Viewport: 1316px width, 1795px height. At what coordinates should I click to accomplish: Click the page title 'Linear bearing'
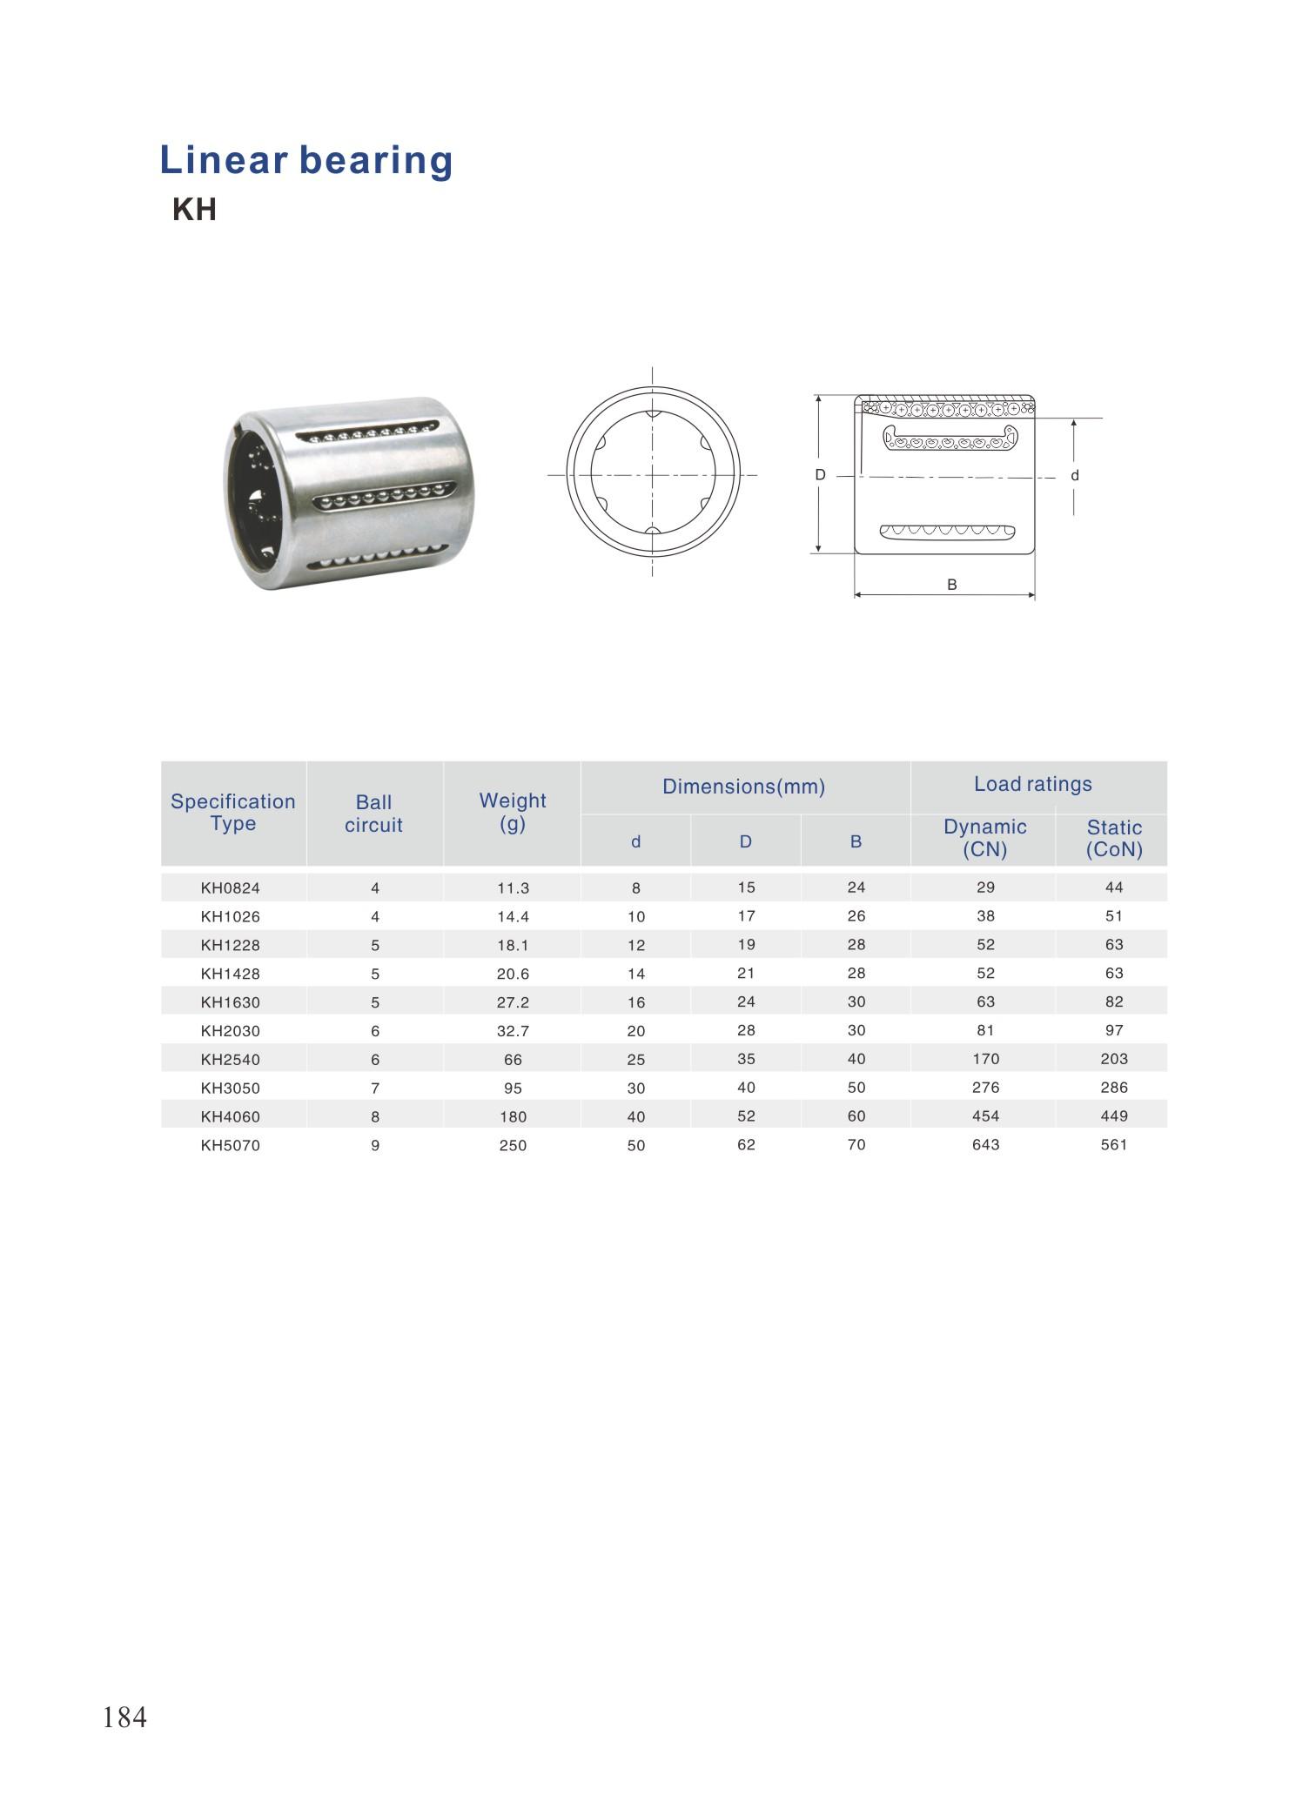pyautogui.click(x=306, y=161)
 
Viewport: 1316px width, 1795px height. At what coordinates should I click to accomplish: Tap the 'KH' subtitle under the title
pyautogui.click(x=194, y=210)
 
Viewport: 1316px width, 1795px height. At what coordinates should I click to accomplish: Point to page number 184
pyautogui.click(x=125, y=1717)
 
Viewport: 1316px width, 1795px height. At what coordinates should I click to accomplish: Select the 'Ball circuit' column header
pyautogui.click(x=373, y=814)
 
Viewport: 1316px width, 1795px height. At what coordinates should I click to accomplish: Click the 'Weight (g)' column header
pyautogui.click(x=513, y=812)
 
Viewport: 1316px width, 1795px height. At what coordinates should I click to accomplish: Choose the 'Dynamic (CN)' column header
pyautogui.click(x=985, y=838)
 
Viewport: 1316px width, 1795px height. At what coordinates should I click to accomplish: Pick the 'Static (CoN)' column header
pyautogui.click(x=1114, y=839)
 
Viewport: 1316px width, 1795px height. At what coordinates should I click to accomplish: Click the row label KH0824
pyautogui.click(x=231, y=888)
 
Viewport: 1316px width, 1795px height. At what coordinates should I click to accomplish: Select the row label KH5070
pyautogui.click(x=231, y=1146)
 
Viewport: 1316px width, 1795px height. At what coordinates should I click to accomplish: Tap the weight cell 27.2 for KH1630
pyautogui.click(x=514, y=1002)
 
